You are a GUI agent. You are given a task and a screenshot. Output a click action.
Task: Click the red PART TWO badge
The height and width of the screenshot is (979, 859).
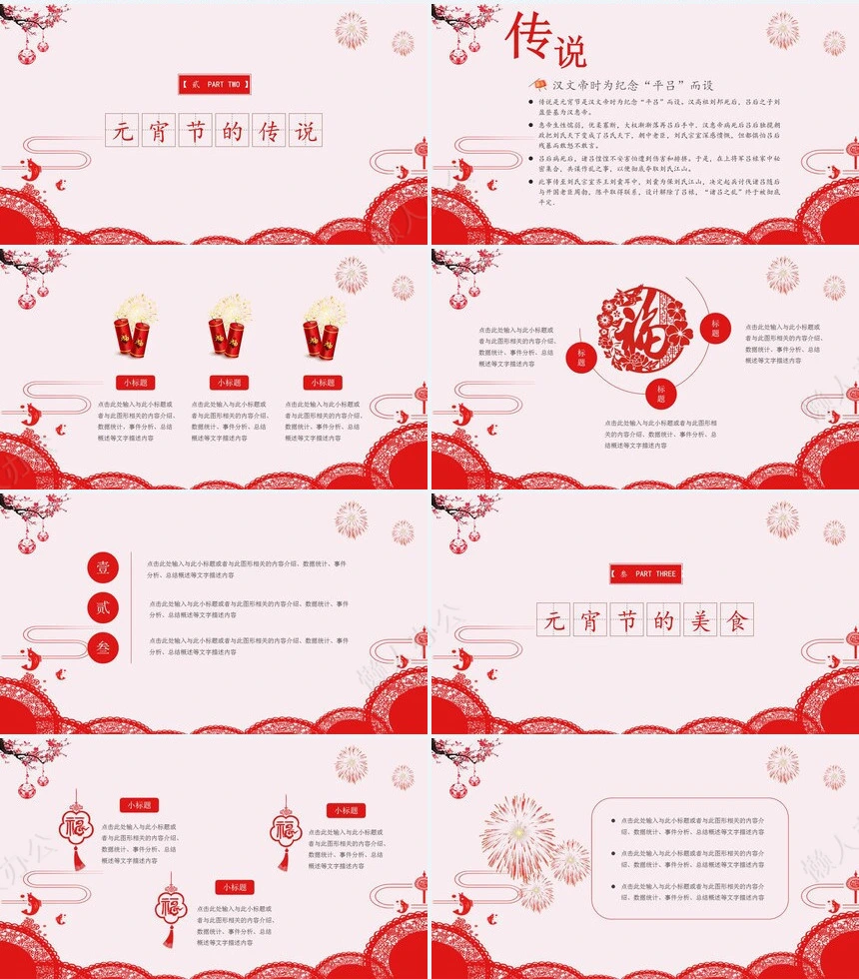tap(215, 85)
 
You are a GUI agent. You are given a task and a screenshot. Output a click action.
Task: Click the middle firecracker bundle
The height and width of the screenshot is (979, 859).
tap(227, 329)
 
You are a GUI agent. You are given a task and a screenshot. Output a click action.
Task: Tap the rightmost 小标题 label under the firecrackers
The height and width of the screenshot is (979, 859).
tap(322, 383)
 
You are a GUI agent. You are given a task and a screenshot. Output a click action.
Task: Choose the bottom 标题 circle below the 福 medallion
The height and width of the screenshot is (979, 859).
tap(661, 393)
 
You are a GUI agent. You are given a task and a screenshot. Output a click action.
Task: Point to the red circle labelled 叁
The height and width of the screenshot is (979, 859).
tap(104, 646)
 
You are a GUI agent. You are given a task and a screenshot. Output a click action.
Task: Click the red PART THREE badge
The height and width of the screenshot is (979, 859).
tap(645, 574)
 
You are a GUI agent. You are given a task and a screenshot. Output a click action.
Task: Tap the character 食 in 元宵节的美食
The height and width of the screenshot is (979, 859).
tap(737, 621)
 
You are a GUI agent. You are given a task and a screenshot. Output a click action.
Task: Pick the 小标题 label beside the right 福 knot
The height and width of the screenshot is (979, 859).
tap(346, 810)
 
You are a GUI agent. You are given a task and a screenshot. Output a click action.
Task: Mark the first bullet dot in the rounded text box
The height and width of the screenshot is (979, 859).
tap(613, 821)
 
